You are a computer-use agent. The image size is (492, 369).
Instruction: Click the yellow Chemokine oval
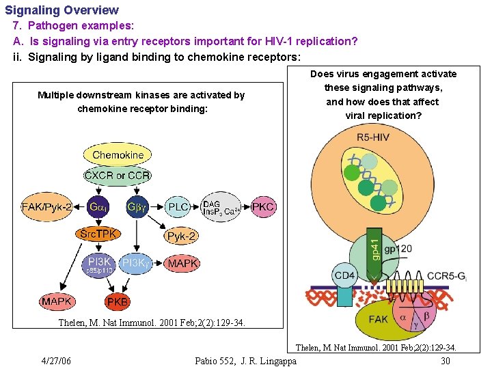(118, 155)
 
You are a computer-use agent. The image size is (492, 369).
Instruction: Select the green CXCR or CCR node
(118, 176)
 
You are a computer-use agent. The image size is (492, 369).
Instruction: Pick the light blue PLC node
(178, 207)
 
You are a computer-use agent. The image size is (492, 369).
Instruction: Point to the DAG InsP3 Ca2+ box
(221, 207)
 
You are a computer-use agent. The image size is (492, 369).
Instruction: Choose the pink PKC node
(264, 206)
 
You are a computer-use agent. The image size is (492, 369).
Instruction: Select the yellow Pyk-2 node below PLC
(181, 236)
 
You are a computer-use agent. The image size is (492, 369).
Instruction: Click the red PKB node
(117, 301)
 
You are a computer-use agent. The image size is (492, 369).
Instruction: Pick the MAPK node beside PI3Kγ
(182, 263)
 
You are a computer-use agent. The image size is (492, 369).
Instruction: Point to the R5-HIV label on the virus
(374, 137)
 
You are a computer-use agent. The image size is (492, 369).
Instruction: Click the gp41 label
(375, 247)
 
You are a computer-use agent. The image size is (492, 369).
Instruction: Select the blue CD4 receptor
(344, 275)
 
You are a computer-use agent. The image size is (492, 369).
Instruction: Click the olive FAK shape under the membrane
(377, 319)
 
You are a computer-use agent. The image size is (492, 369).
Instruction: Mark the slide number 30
(445, 361)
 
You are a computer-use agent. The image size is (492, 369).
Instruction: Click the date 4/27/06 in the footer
(56, 361)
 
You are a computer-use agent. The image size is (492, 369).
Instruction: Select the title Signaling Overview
(61, 10)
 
